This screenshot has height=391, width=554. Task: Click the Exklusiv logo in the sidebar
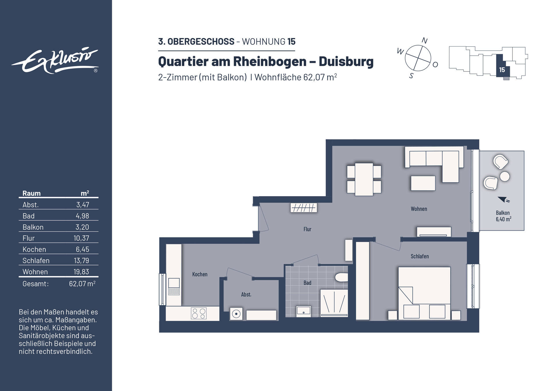click(55, 61)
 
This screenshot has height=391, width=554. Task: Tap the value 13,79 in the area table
click(81, 260)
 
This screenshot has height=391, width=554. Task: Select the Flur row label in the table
click(29, 238)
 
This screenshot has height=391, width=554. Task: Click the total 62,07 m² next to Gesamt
click(82, 284)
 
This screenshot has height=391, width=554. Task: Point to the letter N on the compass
click(424, 41)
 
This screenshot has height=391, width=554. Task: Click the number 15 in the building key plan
click(502, 70)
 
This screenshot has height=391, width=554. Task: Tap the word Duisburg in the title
click(346, 61)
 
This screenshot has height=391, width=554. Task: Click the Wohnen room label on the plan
click(419, 209)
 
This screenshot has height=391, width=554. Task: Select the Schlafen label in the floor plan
click(420, 256)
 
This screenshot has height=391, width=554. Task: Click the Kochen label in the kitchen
click(200, 274)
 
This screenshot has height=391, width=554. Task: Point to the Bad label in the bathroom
click(307, 283)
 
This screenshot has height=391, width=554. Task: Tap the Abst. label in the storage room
click(246, 294)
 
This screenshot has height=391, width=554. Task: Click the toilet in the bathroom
click(342, 277)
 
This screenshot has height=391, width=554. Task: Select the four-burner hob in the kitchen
click(199, 313)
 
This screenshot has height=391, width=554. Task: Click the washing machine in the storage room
click(236, 314)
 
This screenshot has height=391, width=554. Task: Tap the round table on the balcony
click(505, 176)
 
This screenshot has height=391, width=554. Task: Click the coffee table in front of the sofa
click(423, 183)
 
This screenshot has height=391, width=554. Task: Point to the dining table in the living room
click(364, 179)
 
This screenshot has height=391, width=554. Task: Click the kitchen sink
click(174, 283)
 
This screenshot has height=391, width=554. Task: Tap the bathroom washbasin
click(304, 311)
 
